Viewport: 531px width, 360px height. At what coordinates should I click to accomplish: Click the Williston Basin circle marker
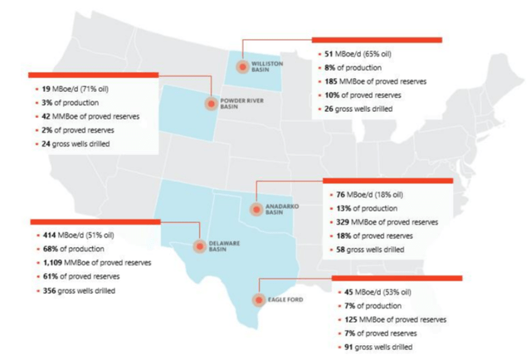[x=241, y=66]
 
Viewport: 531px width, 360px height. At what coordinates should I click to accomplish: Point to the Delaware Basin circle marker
[x=200, y=246]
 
